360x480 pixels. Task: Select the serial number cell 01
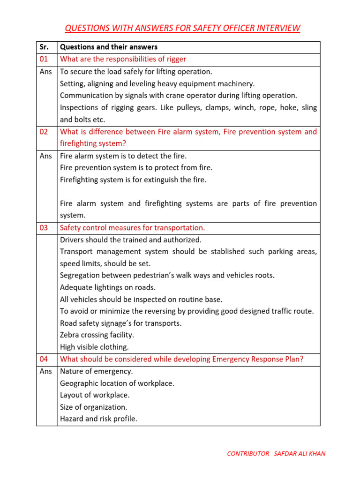point(44,59)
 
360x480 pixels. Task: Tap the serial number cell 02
point(44,132)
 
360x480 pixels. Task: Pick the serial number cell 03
point(44,228)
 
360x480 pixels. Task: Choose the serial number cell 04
point(44,359)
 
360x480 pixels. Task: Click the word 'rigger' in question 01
point(175,59)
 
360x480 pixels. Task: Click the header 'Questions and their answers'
point(109,47)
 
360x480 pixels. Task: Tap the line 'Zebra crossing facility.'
point(97,335)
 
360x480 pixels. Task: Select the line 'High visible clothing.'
point(94,347)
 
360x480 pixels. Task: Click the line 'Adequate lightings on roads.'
point(108,287)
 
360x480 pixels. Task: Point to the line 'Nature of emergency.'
point(96,371)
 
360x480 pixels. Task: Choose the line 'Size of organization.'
point(93,407)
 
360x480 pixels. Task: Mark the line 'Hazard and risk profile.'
point(98,419)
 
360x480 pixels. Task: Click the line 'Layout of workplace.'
point(95,395)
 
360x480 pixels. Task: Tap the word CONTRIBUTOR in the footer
point(248,454)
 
